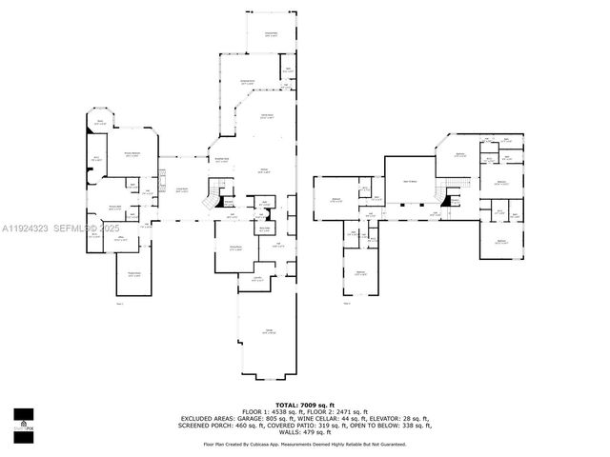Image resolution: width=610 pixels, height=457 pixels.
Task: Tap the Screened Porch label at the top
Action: coord(271,34)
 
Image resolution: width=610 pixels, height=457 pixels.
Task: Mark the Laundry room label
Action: coord(257,278)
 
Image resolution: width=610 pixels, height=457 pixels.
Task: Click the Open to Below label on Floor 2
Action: coord(410,181)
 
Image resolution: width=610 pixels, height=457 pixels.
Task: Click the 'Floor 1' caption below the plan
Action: coord(120,305)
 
